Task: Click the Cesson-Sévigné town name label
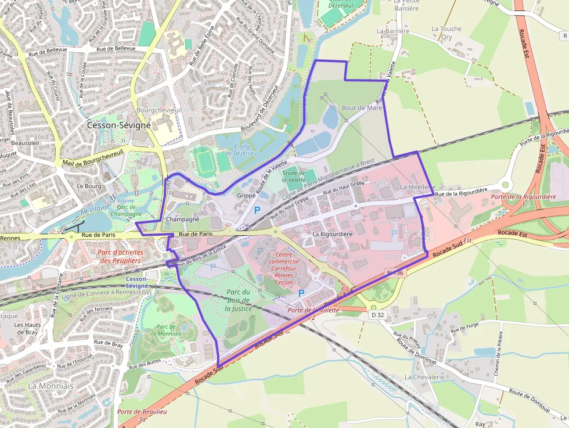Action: click(x=118, y=125)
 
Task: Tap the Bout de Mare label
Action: click(x=362, y=107)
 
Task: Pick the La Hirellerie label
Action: click(x=417, y=187)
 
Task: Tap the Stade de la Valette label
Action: click(x=294, y=176)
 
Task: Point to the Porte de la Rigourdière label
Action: click(x=523, y=197)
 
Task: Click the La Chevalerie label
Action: click(x=424, y=377)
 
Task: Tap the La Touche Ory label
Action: click(x=446, y=33)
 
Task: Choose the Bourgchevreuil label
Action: click(x=160, y=110)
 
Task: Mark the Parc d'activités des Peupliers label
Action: click(x=120, y=256)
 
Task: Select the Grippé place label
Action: click(x=246, y=196)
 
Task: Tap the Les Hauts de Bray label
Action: click(x=27, y=329)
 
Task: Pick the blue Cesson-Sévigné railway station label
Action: click(x=137, y=282)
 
